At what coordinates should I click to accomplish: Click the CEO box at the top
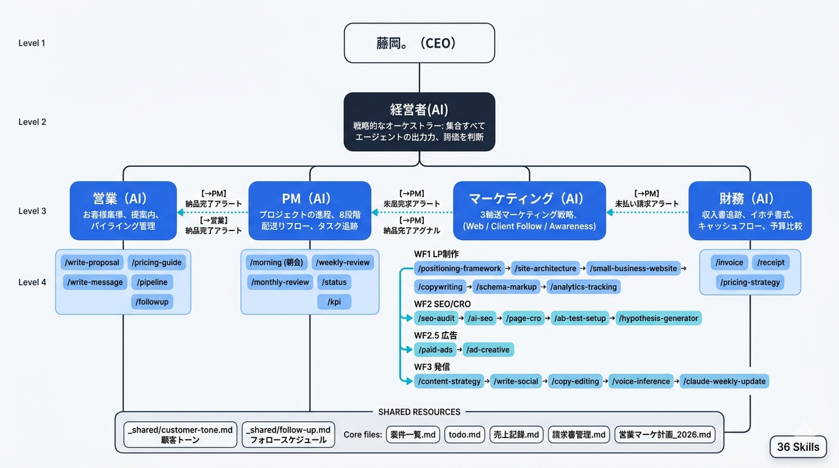[419, 43]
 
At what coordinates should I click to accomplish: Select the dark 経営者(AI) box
[419, 122]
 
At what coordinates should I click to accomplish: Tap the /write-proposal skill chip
[92, 262]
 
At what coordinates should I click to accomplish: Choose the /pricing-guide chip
[156, 262]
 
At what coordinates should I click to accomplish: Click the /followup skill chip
[153, 302]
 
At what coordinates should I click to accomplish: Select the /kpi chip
[334, 302]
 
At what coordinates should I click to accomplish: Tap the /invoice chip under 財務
[729, 262]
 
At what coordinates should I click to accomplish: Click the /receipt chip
[771, 262]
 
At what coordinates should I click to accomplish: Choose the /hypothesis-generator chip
[658, 318]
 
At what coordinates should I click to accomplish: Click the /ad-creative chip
[488, 349]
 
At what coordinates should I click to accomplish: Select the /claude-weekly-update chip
[725, 381]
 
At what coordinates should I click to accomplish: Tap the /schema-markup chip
[507, 287]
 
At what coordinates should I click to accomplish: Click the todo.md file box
[465, 435]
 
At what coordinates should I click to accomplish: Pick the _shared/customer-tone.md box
[181, 435]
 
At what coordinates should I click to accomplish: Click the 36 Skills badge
[798, 447]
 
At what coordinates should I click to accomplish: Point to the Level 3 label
[32, 211]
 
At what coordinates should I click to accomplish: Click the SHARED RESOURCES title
[419, 412]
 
